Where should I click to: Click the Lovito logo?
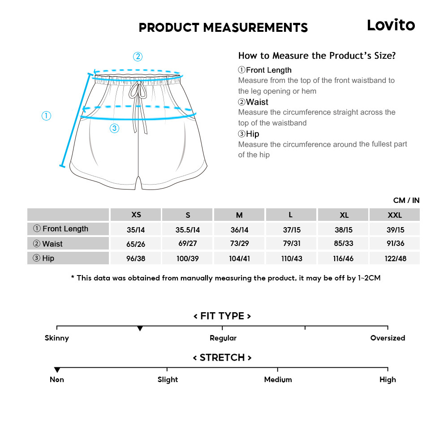pos(391,25)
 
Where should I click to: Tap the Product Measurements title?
pos(223,28)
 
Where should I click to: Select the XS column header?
pos(136,215)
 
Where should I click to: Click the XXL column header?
pos(394,215)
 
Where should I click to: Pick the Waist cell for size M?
pos(239,244)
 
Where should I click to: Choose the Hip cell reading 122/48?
pos(395,258)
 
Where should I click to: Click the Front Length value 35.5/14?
pos(188,230)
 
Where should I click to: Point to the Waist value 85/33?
pos(343,244)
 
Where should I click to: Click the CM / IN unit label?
pos(406,200)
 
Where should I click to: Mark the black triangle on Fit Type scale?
pos(140,329)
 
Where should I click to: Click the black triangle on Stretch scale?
pos(57,370)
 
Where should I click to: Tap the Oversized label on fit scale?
pos(388,338)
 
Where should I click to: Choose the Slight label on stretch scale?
pos(168,380)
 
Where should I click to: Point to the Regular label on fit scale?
pos(223,338)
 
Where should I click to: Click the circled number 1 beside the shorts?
pos(46,116)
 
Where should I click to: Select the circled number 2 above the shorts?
pos(138,57)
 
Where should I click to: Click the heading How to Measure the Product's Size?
pos(317,56)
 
